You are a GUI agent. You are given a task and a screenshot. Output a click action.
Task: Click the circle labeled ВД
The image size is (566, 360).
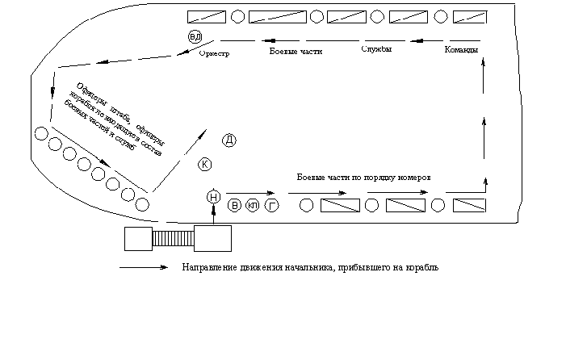(x=195, y=37)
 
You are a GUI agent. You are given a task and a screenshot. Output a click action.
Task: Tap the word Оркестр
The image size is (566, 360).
(x=214, y=54)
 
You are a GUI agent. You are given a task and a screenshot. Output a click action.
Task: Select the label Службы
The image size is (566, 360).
(x=376, y=50)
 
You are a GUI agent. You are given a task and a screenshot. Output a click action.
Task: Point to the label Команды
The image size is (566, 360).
(x=461, y=51)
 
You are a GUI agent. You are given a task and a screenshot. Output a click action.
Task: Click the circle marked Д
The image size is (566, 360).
(x=229, y=140)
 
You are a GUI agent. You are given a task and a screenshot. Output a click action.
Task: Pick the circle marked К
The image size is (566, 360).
(x=205, y=165)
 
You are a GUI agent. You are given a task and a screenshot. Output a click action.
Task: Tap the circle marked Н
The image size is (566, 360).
(x=213, y=197)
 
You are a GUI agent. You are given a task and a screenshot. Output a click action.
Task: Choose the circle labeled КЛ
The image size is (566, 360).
(x=253, y=206)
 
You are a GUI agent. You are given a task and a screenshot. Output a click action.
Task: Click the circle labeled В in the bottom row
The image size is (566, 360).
(x=235, y=206)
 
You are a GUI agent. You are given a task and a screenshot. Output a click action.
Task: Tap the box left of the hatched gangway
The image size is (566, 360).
(x=138, y=239)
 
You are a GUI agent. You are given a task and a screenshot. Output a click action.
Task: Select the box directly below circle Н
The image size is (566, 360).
(x=213, y=239)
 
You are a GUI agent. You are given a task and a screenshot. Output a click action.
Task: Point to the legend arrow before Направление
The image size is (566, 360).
(x=145, y=267)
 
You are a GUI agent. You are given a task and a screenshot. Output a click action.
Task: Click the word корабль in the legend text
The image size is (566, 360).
(x=421, y=267)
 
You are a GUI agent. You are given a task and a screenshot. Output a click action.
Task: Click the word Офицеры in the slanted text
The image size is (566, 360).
(x=88, y=94)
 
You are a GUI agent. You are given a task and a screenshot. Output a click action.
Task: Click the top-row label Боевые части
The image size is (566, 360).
(x=295, y=52)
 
